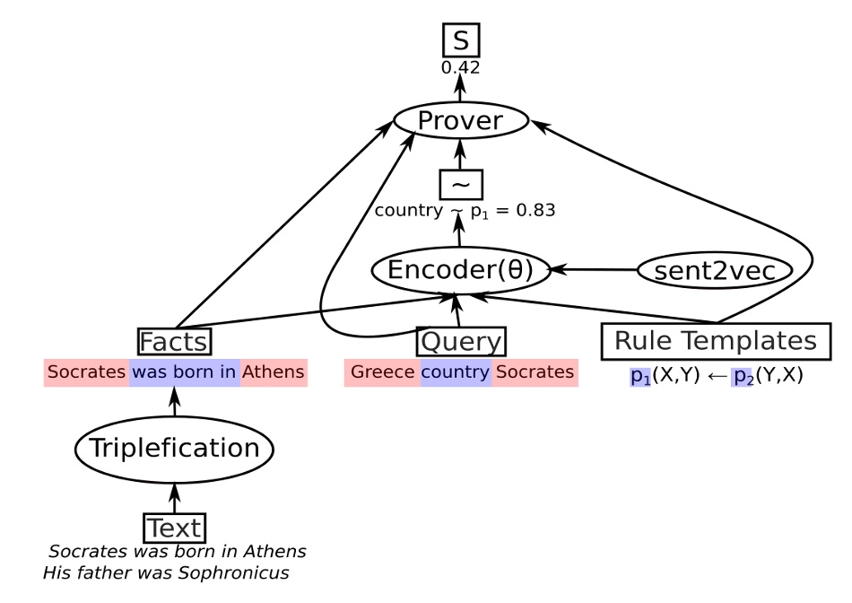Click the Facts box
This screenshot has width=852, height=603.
coord(174,342)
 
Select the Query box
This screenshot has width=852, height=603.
coord(461,342)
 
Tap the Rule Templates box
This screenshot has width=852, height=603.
coord(716,341)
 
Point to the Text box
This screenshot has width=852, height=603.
coord(174,527)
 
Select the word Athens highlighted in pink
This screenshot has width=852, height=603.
coord(274,371)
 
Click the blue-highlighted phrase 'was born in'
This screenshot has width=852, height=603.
coord(185,371)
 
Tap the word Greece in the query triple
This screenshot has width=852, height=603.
coord(382,371)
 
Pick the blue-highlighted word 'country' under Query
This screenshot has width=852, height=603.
coord(456,371)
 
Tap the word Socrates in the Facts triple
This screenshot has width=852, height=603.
coord(87,371)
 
